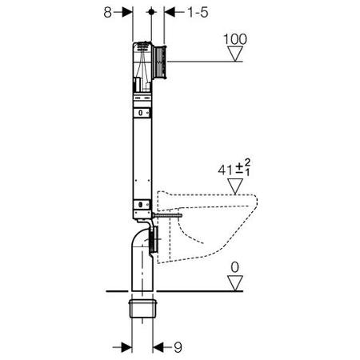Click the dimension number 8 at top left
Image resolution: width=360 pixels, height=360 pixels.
pyautogui.click(x=107, y=12)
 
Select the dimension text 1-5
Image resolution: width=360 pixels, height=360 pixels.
pyautogui.click(x=198, y=12)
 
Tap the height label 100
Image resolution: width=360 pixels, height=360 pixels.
pyautogui.click(x=235, y=39)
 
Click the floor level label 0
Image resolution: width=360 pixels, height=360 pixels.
pyautogui.click(x=234, y=267)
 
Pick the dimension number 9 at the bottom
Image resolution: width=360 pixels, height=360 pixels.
pyautogui.click(x=178, y=347)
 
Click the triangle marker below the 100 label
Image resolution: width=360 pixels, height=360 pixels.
pyautogui.click(x=235, y=54)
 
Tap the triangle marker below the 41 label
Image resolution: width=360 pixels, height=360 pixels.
pyautogui.click(x=235, y=186)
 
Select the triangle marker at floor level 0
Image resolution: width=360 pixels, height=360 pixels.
pyautogui.click(x=235, y=283)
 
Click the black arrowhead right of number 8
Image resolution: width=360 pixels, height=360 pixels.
pyautogui.click(x=127, y=12)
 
